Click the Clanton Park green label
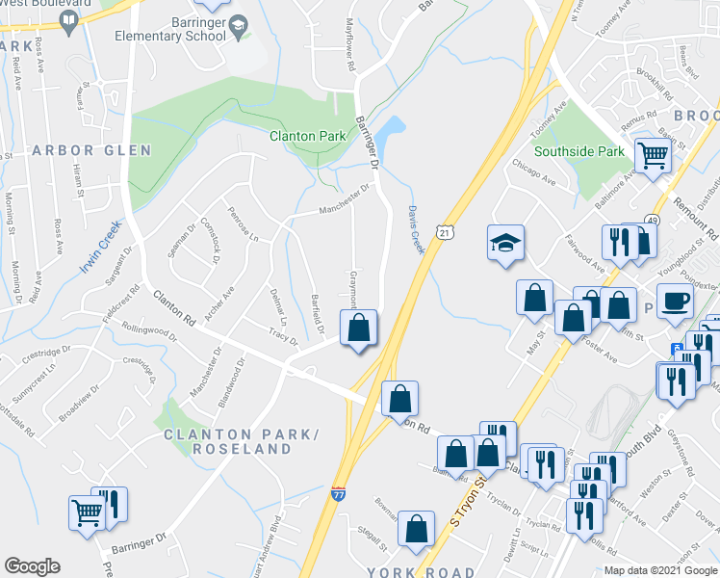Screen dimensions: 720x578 click(x=307, y=136)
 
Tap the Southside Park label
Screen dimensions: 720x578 click(x=579, y=151)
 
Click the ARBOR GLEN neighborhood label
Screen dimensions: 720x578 click(x=91, y=150)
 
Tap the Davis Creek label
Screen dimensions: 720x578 click(x=415, y=229)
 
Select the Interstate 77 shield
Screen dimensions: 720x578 click(x=338, y=494)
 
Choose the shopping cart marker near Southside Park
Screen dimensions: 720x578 click(x=654, y=153)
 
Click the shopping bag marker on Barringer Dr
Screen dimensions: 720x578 click(x=358, y=328)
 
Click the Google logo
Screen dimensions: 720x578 click(x=32, y=566)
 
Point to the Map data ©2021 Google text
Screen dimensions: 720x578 click(x=659, y=570)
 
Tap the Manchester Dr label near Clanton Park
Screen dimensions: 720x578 click(x=344, y=197)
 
